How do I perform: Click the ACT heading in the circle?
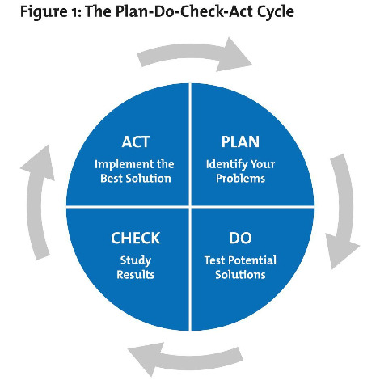135,142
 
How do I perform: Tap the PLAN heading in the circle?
239,142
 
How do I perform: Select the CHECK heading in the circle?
135,239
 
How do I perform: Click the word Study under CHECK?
135,260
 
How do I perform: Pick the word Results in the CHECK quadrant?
135,274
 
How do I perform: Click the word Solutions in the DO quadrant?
241,274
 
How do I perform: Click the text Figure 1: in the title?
36,13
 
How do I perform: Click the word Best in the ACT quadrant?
111,178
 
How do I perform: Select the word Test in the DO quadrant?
216,260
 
